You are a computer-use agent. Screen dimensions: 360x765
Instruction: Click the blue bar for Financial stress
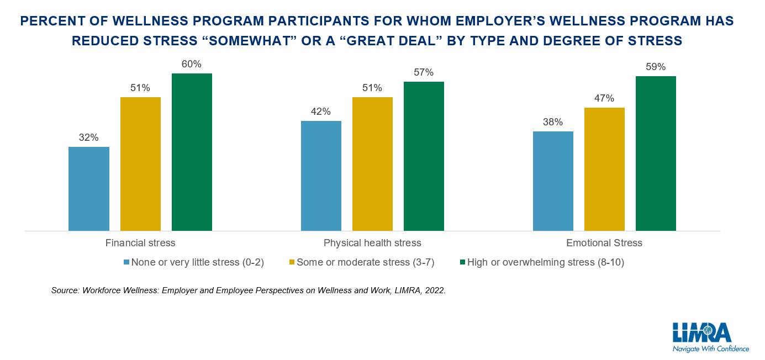click(88, 188)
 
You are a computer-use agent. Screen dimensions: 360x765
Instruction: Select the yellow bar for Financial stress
click(140, 163)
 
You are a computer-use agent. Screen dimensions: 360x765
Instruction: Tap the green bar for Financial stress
click(192, 152)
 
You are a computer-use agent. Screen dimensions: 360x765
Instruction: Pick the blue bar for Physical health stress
click(321, 176)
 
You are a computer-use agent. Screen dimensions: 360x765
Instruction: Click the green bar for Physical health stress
click(424, 156)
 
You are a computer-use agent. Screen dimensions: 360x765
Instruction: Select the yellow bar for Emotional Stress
click(604, 169)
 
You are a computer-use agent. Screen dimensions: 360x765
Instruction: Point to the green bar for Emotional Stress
click(656, 153)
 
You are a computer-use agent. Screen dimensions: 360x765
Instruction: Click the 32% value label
click(88, 138)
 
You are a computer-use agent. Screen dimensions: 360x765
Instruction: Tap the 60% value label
click(192, 64)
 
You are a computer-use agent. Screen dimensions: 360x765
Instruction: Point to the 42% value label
click(321, 112)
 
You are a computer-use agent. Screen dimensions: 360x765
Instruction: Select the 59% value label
click(656, 67)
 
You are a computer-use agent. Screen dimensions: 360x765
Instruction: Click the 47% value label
click(604, 98)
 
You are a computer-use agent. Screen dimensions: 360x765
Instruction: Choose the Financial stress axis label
click(140, 243)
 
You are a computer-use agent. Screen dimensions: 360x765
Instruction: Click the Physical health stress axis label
click(372, 243)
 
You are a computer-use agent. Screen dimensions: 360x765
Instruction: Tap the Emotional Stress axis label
click(604, 243)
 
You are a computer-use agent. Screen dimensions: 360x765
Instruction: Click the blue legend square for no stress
click(126, 263)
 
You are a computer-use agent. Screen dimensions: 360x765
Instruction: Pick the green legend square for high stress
click(462, 263)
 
